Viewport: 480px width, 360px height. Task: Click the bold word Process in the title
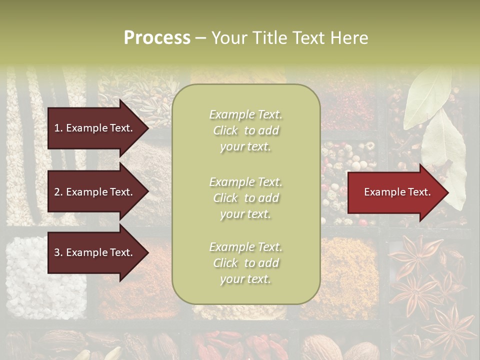[x=157, y=38]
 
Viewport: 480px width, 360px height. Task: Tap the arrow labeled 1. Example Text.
[x=95, y=128]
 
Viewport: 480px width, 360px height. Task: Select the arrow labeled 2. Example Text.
[x=95, y=192]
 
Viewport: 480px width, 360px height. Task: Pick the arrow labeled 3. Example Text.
[x=95, y=252]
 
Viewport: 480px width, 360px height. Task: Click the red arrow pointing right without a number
[x=395, y=192]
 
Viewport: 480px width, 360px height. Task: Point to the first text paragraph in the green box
[x=245, y=130]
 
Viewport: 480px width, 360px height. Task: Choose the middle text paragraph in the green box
[x=245, y=198]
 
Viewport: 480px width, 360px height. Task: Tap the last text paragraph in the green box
[x=245, y=263]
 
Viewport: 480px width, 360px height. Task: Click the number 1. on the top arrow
[x=58, y=128]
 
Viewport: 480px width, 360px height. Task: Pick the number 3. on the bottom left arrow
[x=58, y=252]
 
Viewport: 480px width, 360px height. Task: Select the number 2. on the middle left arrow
[x=58, y=192]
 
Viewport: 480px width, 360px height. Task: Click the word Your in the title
[x=230, y=38]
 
